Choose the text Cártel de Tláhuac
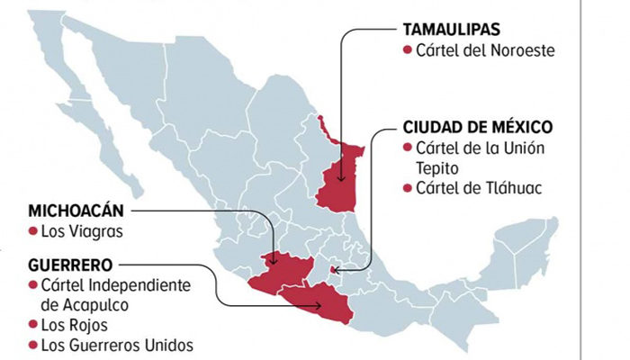pyautogui.click(x=482, y=188)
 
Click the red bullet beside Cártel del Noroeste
pyautogui.click(x=408, y=49)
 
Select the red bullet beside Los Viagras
pyautogui.click(x=33, y=232)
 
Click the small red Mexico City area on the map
pyautogui.click(x=335, y=268)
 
